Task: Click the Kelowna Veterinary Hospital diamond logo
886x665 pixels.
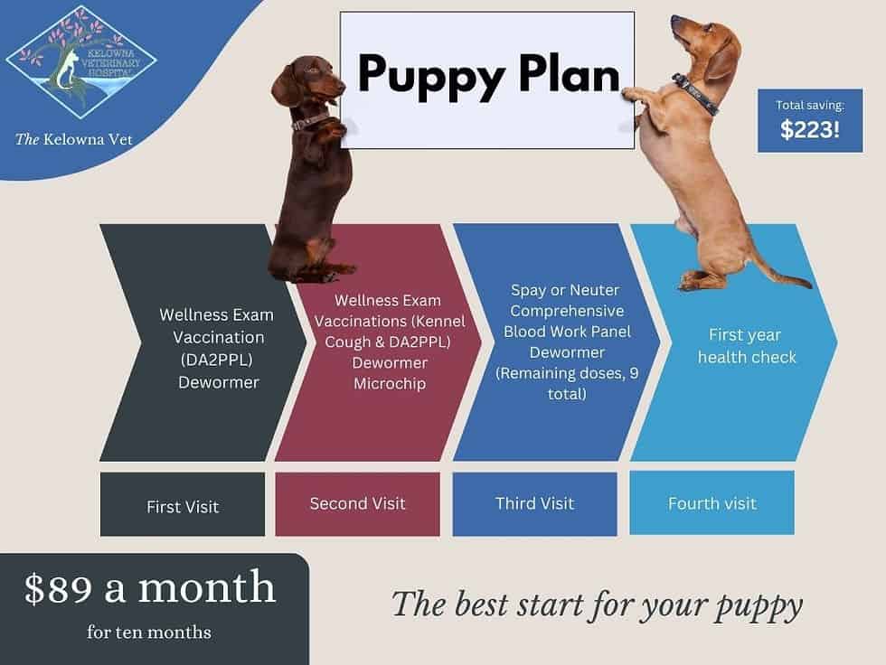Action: [x=81, y=62]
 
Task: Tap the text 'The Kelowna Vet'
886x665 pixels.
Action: [x=74, y=139]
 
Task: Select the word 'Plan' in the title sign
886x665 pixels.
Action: [x=570, y=75]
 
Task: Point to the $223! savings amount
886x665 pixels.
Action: [x=810, y=130]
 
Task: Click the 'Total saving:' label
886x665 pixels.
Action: [x=810, y=106]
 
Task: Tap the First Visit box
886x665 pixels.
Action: [x=183, y=505]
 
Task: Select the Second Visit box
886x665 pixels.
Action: [x=357, y=503]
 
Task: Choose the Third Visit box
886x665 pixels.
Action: [x=534, y=503]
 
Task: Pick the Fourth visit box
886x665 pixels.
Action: [x=712, y=503]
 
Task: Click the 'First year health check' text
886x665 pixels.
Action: [x=747, y=346]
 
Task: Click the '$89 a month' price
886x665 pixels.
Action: [x=150, y=588]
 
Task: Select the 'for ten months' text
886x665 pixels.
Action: [x=149, y=632]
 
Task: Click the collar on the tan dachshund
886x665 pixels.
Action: [x=696, y=94]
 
